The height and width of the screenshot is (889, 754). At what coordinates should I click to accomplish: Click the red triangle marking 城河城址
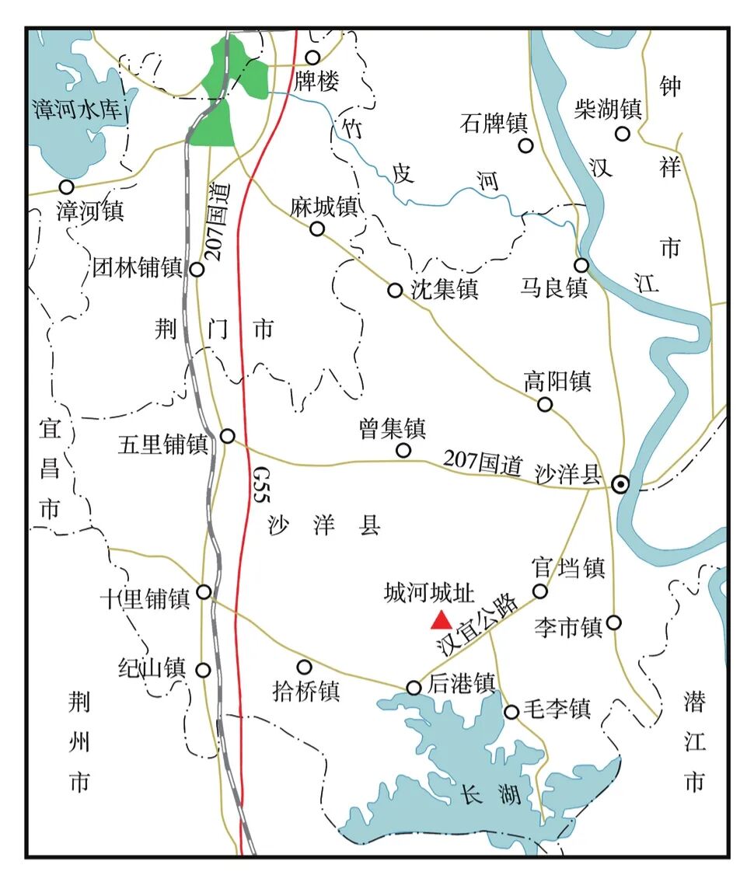pyautogui.click(x=442, y=619)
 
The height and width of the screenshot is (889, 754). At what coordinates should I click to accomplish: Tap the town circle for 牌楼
pyautogui.click(x=312, y=58)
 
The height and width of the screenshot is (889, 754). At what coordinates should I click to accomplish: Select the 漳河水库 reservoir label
pyautogui.click(x=79, y=109)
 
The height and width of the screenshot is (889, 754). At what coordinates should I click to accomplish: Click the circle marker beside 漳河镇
pyautogui.click(x=67, y=187)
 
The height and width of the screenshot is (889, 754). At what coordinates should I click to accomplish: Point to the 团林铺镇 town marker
pyautogui.click(x=197, y=270)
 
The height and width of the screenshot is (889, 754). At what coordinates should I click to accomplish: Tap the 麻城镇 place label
pyautogui.click(x=324, y=207)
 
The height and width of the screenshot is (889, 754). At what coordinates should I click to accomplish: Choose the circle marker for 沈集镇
pyautogui.click(x=395, y=291)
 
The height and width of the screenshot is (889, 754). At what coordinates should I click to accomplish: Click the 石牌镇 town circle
pyautogui.click(x=526, y=145)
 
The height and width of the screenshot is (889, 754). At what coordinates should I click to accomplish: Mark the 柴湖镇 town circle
pyautogui.click(x=622, y=133)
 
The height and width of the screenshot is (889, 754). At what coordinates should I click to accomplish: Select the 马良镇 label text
pyautogui.click(x=554, y=288)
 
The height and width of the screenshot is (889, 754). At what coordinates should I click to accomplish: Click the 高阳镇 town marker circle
pyautogui.click(x=545, y=404)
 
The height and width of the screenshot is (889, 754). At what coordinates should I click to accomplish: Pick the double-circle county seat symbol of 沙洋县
pyautogui.click(x=620, y=484)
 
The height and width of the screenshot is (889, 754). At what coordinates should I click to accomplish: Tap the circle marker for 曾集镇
pyautogui.click(x=403, y=450)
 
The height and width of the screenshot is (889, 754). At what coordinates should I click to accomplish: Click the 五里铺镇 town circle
pyautogui.click(x=228, y=436)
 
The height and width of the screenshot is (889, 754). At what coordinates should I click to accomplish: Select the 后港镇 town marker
pyautogui.click(x=414, y=688)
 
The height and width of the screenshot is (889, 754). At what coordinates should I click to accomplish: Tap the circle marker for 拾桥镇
pyautogui.click(x=304, y=667)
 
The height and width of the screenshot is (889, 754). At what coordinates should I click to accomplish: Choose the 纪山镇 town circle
pyautogui.click(x=204, y=670)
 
